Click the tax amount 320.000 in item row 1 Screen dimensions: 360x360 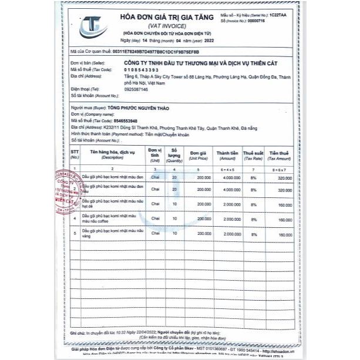coord(284,176)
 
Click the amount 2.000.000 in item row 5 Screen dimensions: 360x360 coord(230,234)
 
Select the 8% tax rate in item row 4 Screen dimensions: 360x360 coord(254,219)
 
